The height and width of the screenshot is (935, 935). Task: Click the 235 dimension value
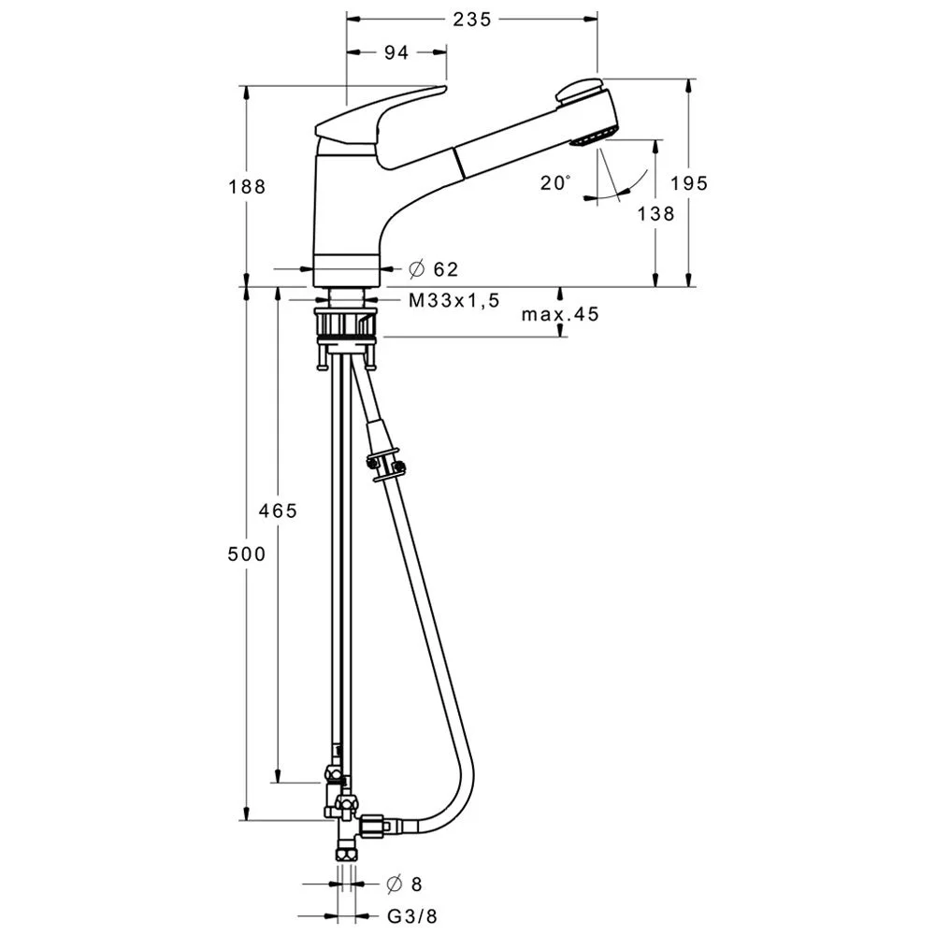471,20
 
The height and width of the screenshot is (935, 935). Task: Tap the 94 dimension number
396,52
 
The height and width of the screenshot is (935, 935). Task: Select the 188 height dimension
247,187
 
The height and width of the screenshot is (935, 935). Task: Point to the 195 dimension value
689,183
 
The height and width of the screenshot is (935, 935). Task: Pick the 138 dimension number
656,213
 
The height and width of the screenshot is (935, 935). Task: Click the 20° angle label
555,182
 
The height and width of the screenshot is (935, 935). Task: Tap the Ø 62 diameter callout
434,269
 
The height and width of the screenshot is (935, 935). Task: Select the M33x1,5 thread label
453,300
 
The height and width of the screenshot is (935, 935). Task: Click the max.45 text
560,314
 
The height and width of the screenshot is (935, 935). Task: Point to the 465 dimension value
278,511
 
